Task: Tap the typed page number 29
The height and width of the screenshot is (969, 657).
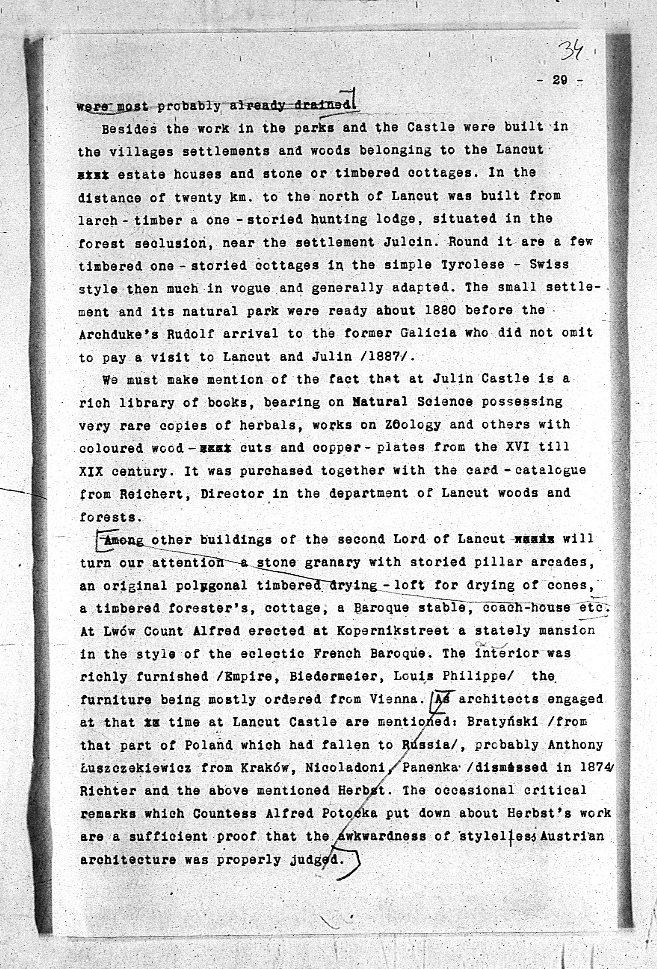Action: pos(559,80)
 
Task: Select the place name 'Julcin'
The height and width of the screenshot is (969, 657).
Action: pos(410,242)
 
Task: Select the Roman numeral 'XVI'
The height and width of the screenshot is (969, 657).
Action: pos(517,447)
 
